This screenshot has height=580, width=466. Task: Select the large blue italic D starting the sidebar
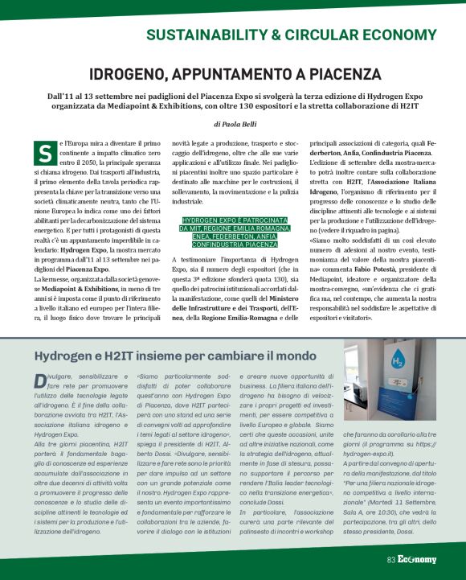(x=39, y=379)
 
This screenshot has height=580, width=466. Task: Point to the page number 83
(x=391, y=559)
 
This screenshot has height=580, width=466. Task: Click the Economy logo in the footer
(x=417, y=559)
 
